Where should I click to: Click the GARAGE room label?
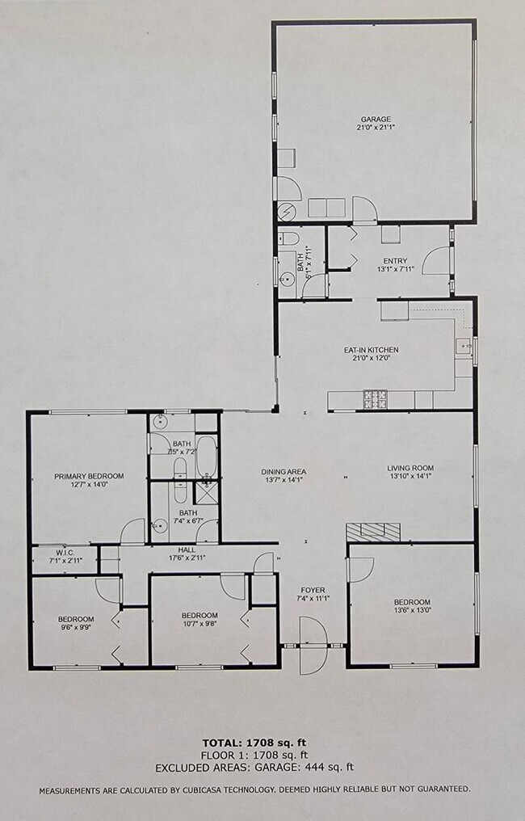pos(376,117)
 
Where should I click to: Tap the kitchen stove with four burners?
pos(376,398)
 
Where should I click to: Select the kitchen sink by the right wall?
pos(464,347)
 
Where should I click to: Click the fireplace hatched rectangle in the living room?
pos(372,531)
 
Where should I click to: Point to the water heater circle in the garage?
pos(288,212)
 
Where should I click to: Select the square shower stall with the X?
pos(207,493)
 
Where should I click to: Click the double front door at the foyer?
pos(313,645)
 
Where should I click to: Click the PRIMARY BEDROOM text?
pos(89,476)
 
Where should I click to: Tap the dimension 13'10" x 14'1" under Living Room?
pos(410,477)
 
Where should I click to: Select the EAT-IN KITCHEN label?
pos(372,350)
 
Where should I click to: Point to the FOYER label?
pos(313,589)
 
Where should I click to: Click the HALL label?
pos(187,549)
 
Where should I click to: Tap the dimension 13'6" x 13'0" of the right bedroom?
pos(412,612)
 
